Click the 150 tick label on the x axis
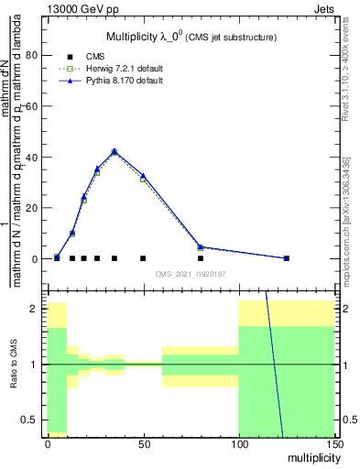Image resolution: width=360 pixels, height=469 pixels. tap(335, 443)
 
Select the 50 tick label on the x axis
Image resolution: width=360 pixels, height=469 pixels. tap(143, 443)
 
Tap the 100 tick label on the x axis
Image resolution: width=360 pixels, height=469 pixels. tap(238, 443)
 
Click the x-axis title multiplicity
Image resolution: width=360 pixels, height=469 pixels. tap(315, 456)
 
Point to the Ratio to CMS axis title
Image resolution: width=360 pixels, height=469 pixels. tap(14, 365)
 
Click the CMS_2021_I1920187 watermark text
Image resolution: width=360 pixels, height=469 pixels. tap(191, 273)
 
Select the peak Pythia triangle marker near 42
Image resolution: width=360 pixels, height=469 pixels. tap(115, 151)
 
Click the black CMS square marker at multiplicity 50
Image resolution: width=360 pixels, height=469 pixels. tap(143, 258)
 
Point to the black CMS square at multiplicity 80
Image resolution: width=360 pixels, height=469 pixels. tap(201, 258)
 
